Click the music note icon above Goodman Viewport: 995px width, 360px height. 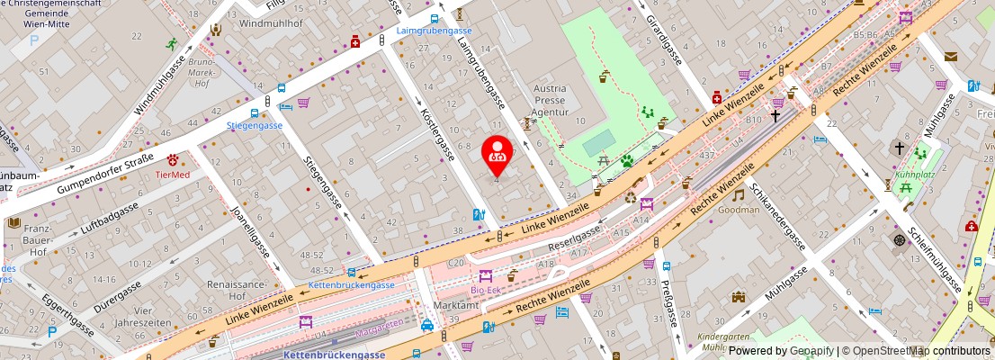coord(738,194)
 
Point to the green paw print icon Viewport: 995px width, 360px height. coord(627,162)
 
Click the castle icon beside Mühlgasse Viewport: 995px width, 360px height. coord(739,297)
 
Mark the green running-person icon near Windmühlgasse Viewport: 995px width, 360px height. coord(171,43)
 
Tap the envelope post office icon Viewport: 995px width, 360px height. coord(951,57)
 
